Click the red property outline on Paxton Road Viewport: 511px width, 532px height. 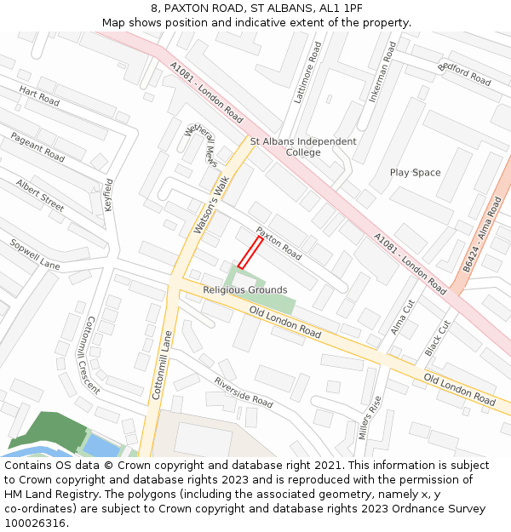[x=250, y=253]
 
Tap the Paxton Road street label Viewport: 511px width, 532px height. [x=278, y=243]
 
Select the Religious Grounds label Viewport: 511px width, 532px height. [x=244, y=290]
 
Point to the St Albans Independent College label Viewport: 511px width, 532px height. [x=303, y=146]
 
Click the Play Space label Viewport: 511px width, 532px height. [x=415, y=173]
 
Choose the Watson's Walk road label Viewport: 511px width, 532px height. [x=210, y=204]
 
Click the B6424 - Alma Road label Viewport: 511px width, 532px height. [x=482, y=235]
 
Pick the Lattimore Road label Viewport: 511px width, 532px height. [x=307, y=73]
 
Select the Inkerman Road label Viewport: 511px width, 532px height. [x=382, y=72]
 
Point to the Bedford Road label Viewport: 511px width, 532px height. [x=464, y=75]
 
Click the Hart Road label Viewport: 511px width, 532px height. [x=39, y=95]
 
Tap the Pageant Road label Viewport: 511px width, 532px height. [x=37, y=147]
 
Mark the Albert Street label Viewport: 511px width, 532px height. [x=40, y=195]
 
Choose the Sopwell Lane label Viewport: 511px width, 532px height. [x=35, y=254]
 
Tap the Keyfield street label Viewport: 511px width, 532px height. [x=108, y=195]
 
